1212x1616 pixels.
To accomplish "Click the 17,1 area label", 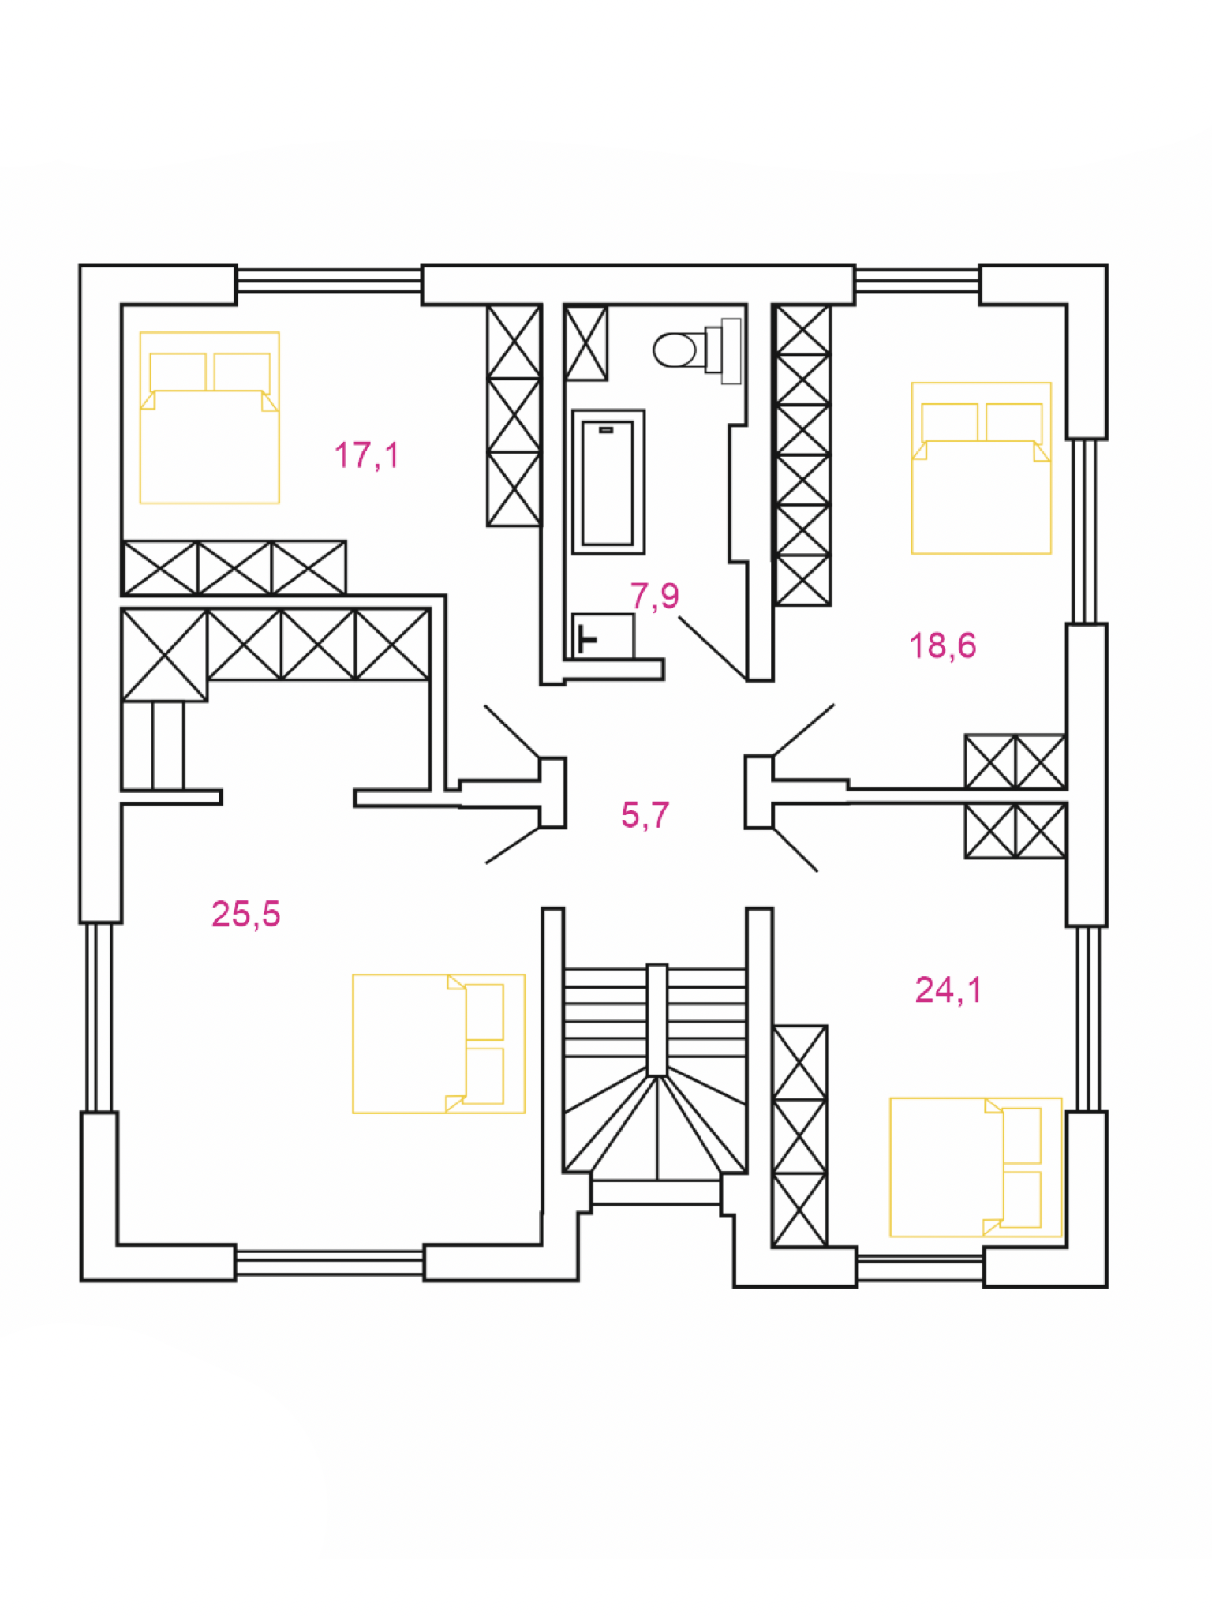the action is pos(367,455).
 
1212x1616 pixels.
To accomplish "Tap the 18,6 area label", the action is pos(943,645).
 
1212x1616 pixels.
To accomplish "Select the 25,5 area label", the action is pos(245,914).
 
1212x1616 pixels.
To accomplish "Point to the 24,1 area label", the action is pos(948,989).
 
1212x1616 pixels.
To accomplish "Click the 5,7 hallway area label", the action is pos(645,814).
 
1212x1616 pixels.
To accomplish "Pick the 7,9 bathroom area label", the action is pos(655,595).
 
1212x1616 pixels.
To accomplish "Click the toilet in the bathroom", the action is pos(698,350).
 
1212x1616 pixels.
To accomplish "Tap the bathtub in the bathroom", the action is pos(608,481).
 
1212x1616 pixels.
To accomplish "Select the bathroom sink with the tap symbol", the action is pos(603,636).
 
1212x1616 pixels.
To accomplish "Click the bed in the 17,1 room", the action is pos(210,417).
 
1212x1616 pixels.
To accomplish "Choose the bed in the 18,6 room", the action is pos(982,468).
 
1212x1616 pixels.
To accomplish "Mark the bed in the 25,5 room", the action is pos(439,1043).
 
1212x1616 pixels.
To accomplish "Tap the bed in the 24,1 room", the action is pos(976,1167).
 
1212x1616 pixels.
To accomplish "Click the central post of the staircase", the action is pos(656,1019).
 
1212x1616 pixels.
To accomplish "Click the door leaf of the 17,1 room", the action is pos(513,732).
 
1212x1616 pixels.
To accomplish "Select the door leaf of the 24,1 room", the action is pos(795,849).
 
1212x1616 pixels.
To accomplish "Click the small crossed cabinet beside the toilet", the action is pos(586,342).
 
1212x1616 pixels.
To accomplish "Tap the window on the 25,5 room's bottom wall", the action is pos(330,1262).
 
